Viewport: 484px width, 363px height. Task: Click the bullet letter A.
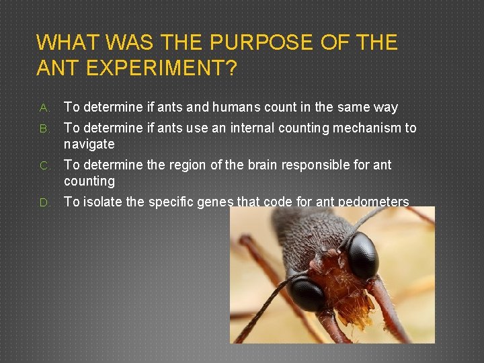coord(42,108)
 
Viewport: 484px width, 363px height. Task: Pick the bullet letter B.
coord(42,128)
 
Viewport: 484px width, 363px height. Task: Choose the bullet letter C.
coord(42,165)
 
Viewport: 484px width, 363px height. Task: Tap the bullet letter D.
coord(42,202)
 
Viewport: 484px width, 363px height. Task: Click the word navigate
coord(89,144)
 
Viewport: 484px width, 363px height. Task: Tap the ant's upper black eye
coord(362,255)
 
